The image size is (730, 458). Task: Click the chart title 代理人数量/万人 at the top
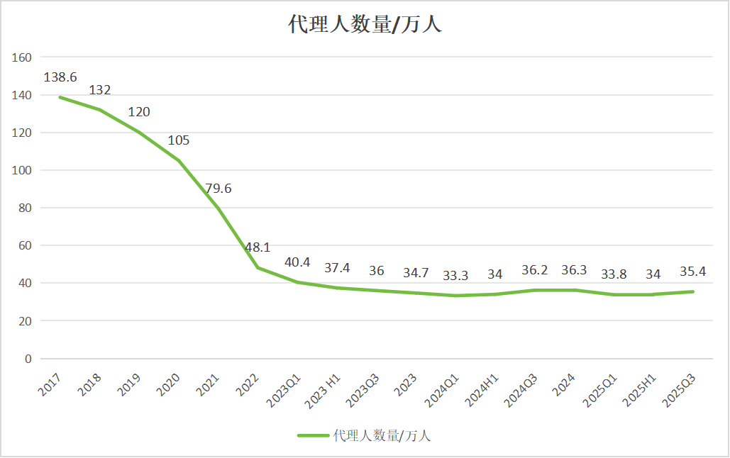(x=365, y=25)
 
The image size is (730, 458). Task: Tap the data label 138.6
(x=60, y=77)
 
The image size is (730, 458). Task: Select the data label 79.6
(x=219, y=189)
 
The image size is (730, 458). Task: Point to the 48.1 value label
(x=258, y=247)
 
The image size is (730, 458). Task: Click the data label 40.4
(x=297, y=262)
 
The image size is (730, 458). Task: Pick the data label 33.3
(x=456, y=275)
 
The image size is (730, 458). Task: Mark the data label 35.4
(x=694, y=272)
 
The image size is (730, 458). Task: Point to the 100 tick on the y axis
(x=23, y=170)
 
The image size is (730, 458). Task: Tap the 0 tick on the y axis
(x=28, y=359)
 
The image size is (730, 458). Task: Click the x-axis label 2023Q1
(x=284, y=389)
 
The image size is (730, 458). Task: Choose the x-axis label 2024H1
(x=482, y=389)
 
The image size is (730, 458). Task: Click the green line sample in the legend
(x=313, y=435)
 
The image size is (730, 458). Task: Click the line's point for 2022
(x=258, y=268)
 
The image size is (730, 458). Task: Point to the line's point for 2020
(x=178, y=160)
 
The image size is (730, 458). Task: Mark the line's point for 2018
(x=99, y=110)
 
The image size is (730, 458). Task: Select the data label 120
(x=139, y=112)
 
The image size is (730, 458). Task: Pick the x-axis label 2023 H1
(x=323, y=389)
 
